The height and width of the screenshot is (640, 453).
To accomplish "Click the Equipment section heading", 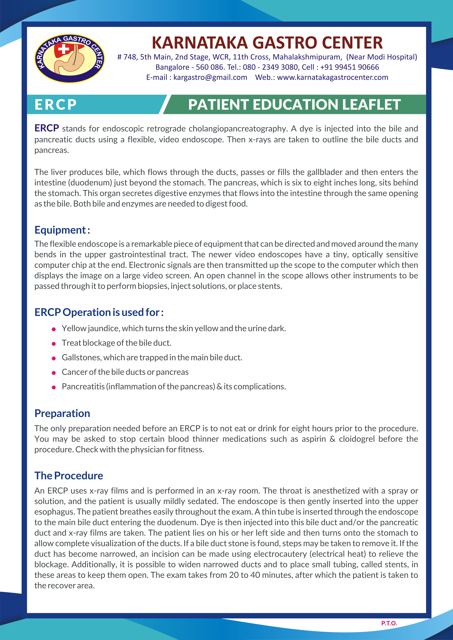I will tap(62, 230).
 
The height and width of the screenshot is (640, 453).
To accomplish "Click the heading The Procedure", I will tap(69, 476).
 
